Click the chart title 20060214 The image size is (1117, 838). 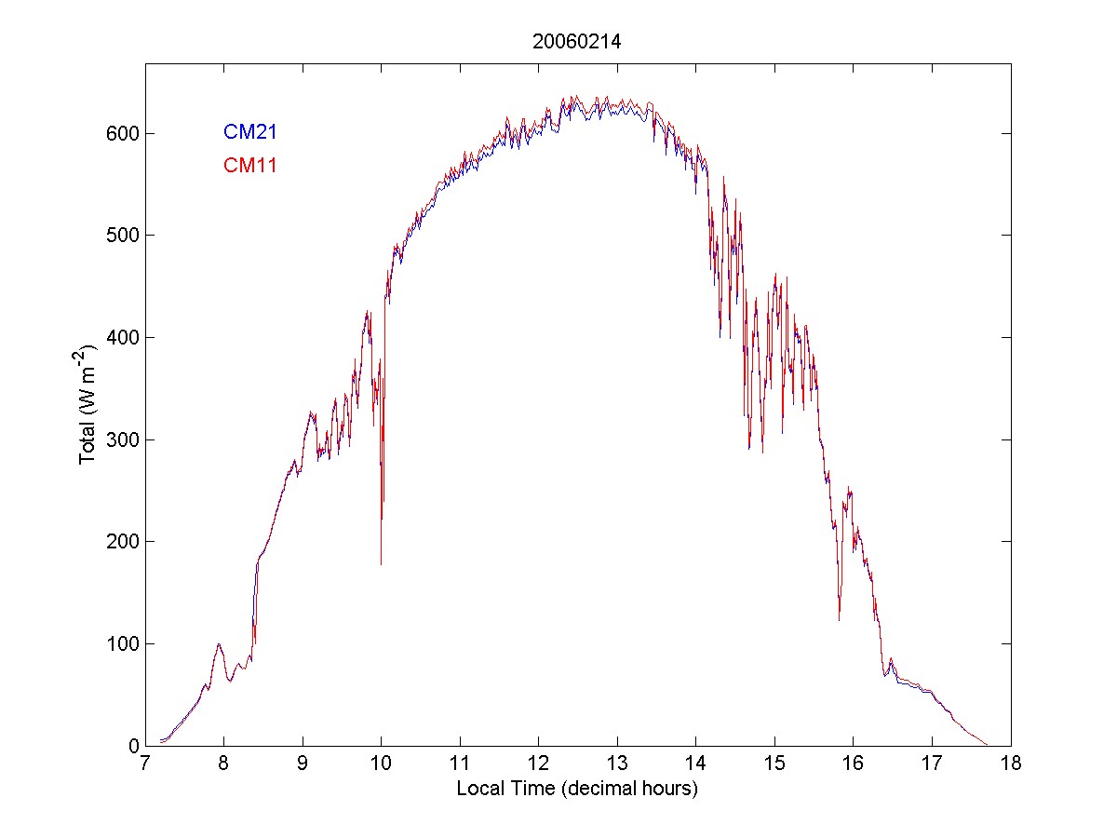577,42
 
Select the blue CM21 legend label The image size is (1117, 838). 249,132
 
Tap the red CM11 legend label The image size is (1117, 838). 249,166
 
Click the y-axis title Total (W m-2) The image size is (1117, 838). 88,404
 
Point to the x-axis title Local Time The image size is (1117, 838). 577,788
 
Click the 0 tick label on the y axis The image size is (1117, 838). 132,746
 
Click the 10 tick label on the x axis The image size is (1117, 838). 382,764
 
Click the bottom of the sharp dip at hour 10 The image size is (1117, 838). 381,563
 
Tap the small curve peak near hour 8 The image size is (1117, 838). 219,644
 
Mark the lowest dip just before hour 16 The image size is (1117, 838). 839,619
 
